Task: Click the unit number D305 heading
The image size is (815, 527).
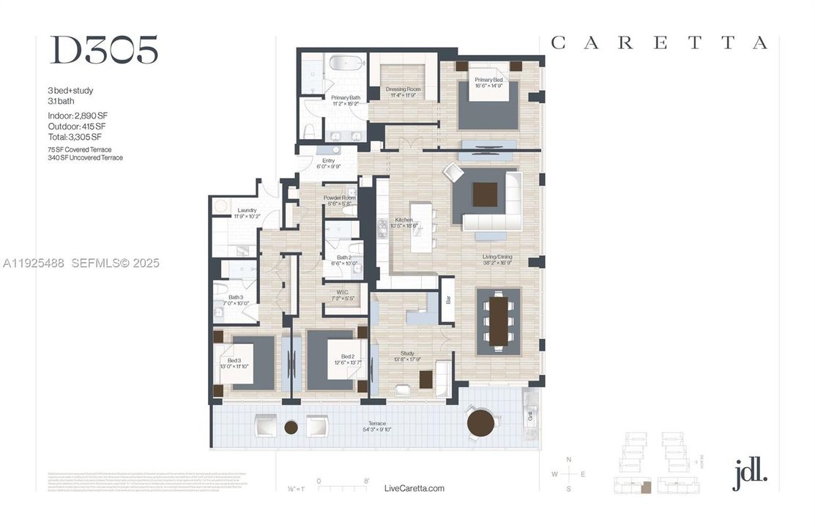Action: (x=103, y=51)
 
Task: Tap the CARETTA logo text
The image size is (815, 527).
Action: (x=658, y=43)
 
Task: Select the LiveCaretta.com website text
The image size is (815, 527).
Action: (x=414, y=488)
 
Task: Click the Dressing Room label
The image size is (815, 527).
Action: (x=403, y=91)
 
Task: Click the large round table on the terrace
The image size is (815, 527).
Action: (x=481, y=423)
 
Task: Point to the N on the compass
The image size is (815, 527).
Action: (x=569, y=459)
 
